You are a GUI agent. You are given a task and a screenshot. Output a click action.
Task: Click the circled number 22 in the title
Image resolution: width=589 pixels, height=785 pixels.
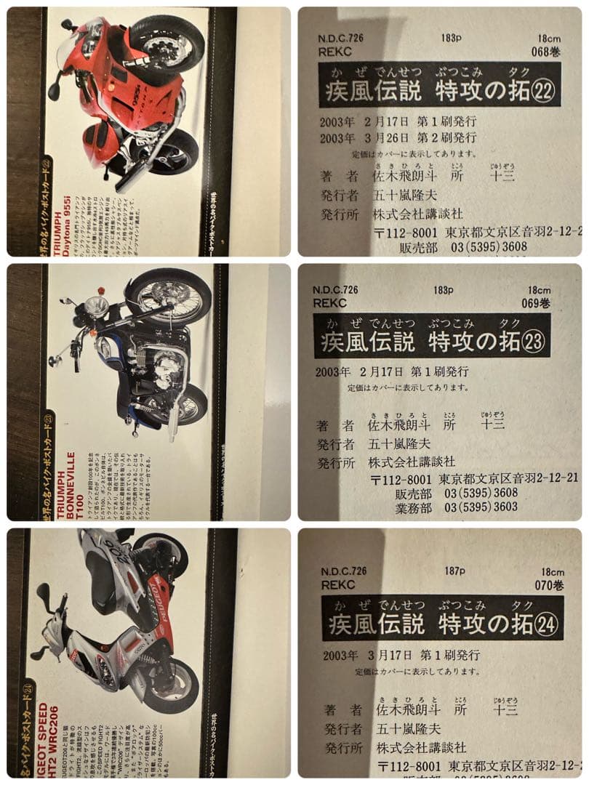pos(543,92)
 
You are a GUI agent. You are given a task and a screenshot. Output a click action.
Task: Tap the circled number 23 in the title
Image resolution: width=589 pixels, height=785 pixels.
pos(533,341)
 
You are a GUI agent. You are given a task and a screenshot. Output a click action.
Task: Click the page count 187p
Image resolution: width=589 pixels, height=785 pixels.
pos(456,571)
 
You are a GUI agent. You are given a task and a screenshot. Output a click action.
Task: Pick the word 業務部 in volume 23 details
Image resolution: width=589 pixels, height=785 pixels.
pos(414,507)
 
